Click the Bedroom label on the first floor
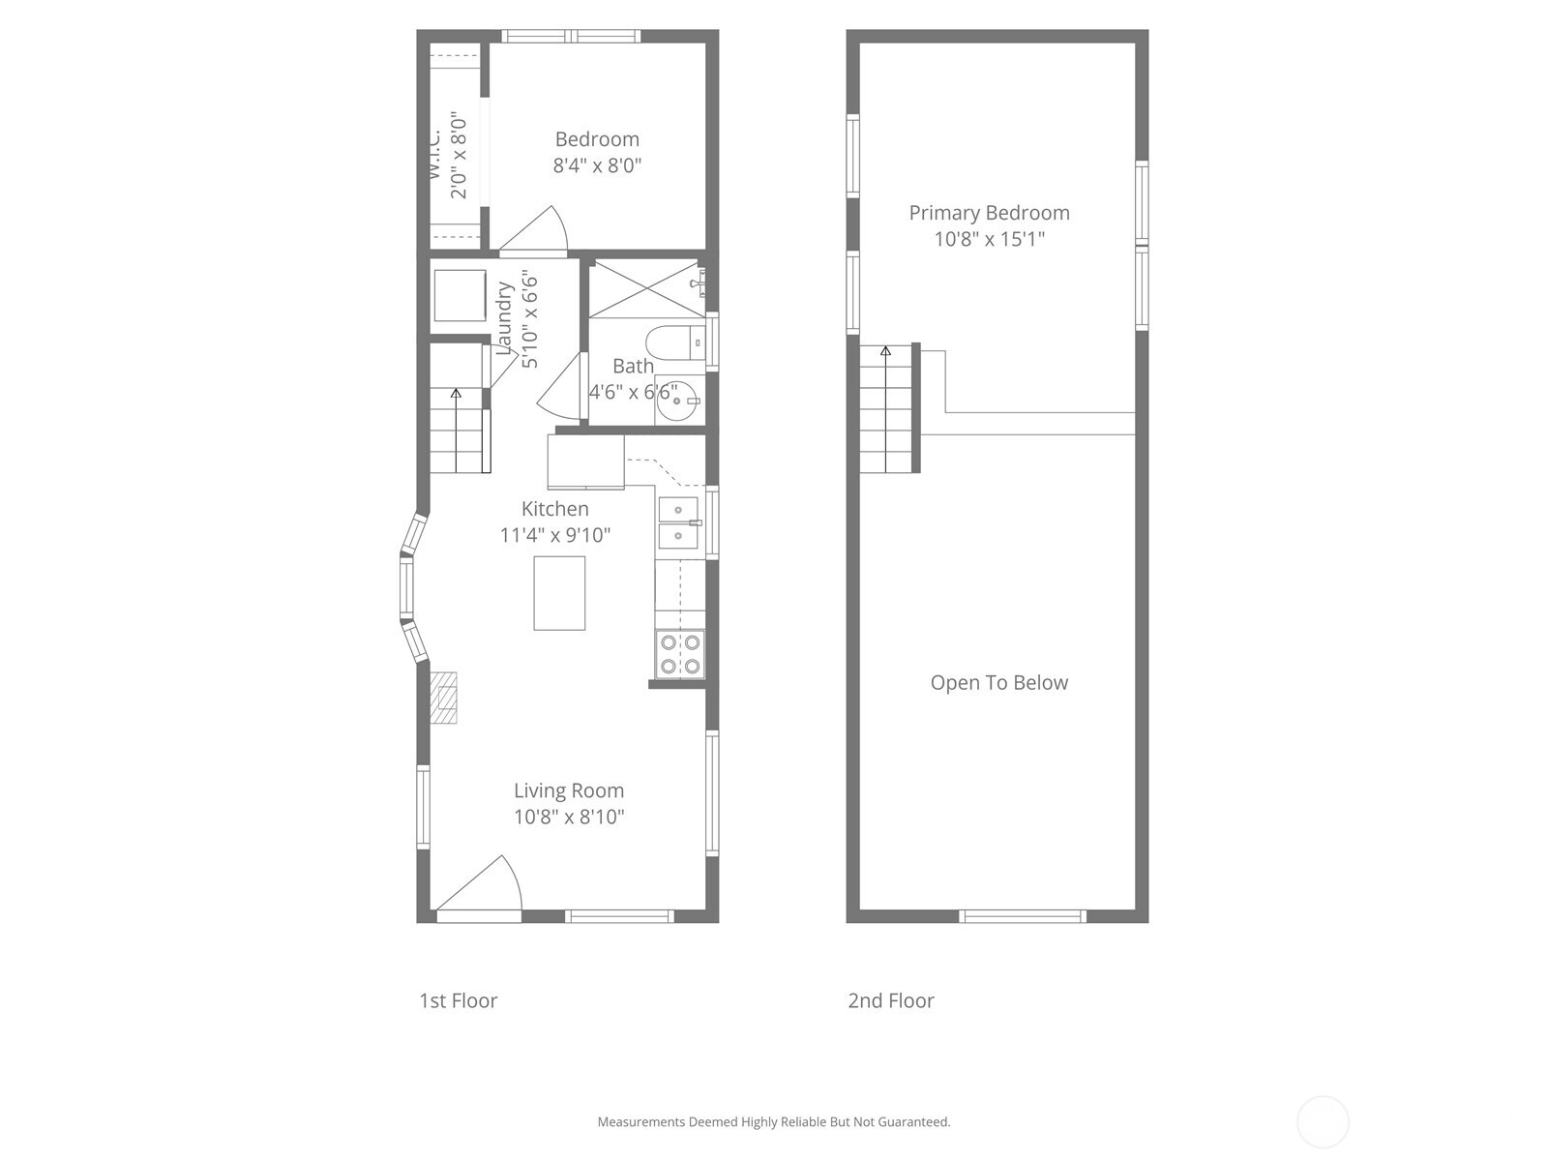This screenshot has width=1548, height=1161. (597, 139)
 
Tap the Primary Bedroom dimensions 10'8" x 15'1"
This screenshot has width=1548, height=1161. (989, 239)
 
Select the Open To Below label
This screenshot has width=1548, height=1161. (998, 683)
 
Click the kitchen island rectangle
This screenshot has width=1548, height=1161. (559, 593)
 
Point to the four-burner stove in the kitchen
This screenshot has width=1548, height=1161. (679, 654)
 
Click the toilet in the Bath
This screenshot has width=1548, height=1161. (673, 342)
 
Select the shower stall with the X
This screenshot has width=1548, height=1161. (644, 288)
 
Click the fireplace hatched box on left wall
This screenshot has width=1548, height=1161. (444, 698)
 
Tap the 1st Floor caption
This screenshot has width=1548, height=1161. (458, 1000)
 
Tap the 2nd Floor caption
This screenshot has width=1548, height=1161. (890, 1000)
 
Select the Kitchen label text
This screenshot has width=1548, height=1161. (554, 509)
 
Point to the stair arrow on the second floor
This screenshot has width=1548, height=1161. (884, 352)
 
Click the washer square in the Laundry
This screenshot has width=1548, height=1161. (459, 295)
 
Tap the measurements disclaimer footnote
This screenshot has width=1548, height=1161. (773, 1122)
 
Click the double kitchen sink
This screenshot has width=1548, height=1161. (678, 522)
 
